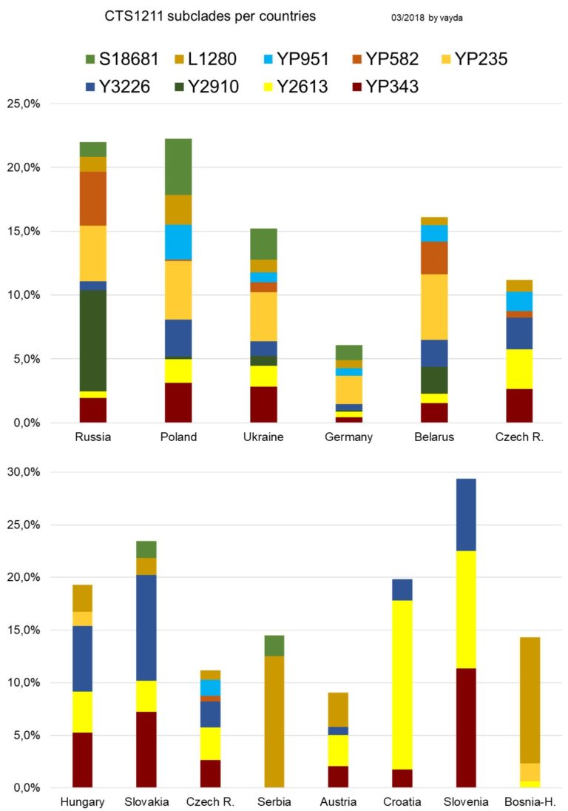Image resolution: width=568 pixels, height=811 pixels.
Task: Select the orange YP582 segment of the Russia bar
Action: pyautogui.click(x=93, y=198)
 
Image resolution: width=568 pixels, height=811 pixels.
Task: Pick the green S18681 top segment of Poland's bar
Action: pyautogui.click(x=178, y=166)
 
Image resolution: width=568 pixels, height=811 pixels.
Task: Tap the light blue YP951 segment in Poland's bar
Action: pyautogui.click(x=178, y=242)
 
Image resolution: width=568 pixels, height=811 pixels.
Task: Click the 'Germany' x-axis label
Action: pyautogui.click(x=349, y=437)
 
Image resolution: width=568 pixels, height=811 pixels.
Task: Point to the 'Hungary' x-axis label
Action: pyautogui.click(x=82, y=802)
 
